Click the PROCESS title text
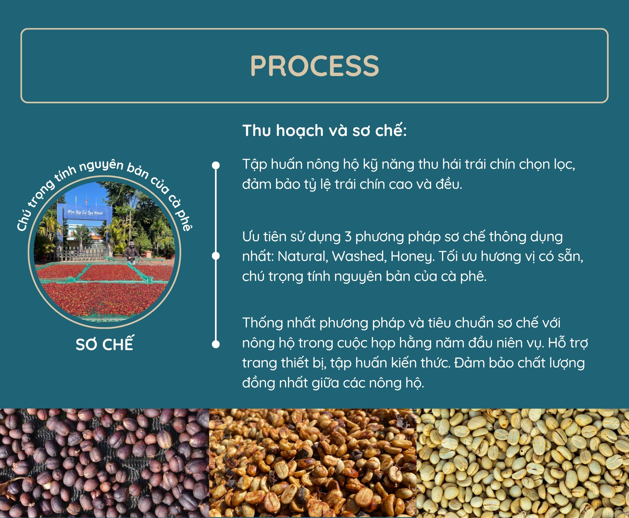[x=314, y=66]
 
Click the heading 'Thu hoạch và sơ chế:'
[x=324, y=130]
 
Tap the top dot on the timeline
[x=216, y=165]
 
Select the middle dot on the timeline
[x=216, y=256]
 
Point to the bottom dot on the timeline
[x=216, y=344]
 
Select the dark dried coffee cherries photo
[x=105, y=463]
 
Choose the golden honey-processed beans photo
[x=313, y=463]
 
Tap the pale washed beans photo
[x=523, y=463]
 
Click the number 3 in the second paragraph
[x=348, y=237]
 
